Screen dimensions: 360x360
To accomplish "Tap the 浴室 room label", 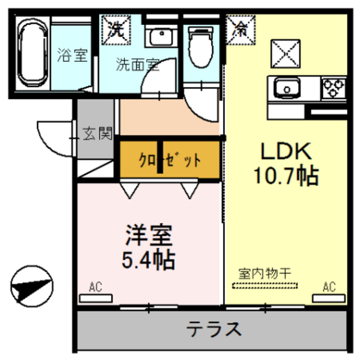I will coord(73,56).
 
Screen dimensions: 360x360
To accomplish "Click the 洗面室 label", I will coord(137,65).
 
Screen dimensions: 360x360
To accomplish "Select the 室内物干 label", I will coord(264,274).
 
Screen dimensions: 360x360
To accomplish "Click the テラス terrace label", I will coord(214,327).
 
